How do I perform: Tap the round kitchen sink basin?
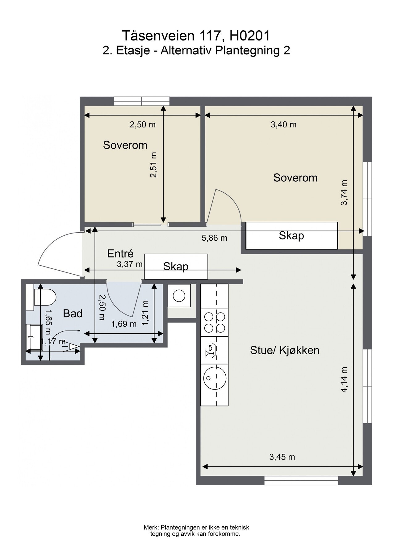coord(215,378)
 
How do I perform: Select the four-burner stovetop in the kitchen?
coord(215,322)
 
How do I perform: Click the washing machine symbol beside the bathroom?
coord(179,296)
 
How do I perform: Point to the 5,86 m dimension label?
coord(214,238)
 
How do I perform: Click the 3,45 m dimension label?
coord(282,457)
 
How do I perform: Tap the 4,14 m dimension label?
coord(344,380)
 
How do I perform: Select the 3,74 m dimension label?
coord(344,192)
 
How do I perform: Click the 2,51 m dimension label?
coord(153,165)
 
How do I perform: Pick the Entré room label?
coord(120,254)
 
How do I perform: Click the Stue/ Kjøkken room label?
coord(285,350)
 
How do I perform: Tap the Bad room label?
coord(73,314)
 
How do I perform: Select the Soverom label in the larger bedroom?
coord(295,178)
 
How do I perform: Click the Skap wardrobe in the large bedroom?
coord(292,235)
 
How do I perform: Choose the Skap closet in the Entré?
coord(176,266)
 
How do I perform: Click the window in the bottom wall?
coord(301,480)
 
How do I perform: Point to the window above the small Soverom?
coord(142,101)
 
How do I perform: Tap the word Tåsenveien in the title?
coord(159,36)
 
